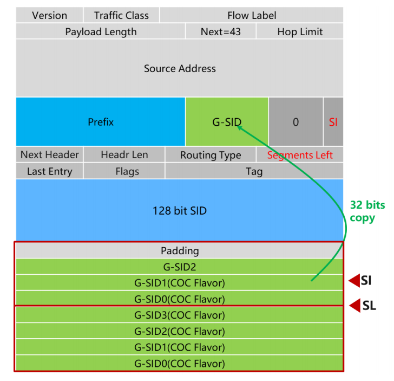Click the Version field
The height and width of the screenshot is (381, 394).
coord(49,15)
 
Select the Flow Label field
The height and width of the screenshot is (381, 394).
coord(252,15)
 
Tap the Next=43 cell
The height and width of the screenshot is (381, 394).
coord(221,31)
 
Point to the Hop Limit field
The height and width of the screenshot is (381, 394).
coord(300,31)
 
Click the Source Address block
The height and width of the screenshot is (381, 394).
coord(180,69)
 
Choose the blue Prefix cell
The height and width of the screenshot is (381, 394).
coord(101,122)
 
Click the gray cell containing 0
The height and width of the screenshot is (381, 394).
coord(295,122)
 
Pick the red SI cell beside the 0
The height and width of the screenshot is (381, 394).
coord(333,122)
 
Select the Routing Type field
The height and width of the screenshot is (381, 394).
coord(211,155)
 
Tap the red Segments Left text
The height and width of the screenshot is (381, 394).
coord(300,155)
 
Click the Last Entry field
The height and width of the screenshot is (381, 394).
coord(49,171)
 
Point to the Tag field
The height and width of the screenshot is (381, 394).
coord(254,171)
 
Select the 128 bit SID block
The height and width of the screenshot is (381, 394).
coord(180,210)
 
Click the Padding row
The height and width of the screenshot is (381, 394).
coord(180,251)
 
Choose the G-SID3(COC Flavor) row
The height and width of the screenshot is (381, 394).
coord(180,315)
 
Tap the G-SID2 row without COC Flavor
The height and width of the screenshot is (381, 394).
coord(180,267)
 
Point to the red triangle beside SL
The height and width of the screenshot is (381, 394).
coord(354,306)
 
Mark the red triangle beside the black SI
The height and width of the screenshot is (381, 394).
coord(354,280)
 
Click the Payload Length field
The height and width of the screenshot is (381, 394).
coord(101,31)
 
